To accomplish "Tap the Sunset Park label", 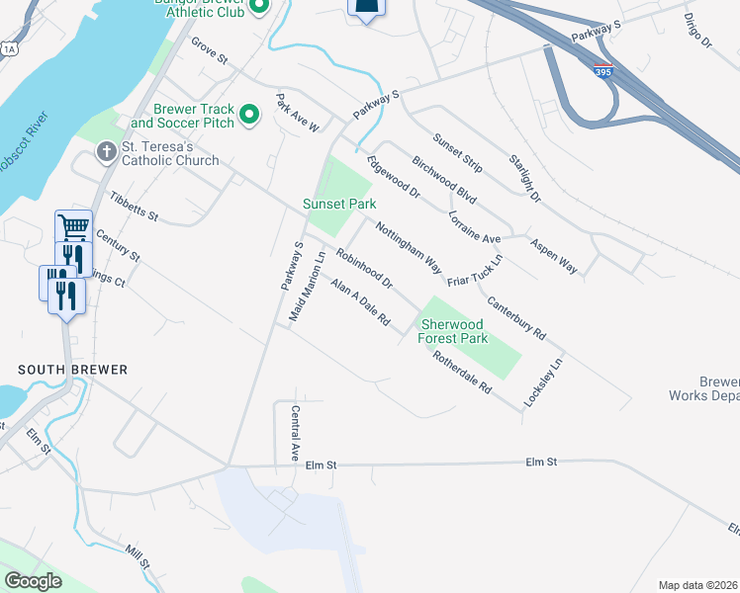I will tap(339, 205).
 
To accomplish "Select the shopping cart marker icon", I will tap(73, 227).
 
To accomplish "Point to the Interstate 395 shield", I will tap(604, 71).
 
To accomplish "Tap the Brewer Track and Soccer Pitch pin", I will tap(249, 116).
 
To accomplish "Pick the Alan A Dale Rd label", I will tap(360, 302).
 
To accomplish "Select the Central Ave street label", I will tap(294, 433).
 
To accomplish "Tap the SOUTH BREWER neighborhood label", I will tap(72, 370).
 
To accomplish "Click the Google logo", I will tap(33, 581).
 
